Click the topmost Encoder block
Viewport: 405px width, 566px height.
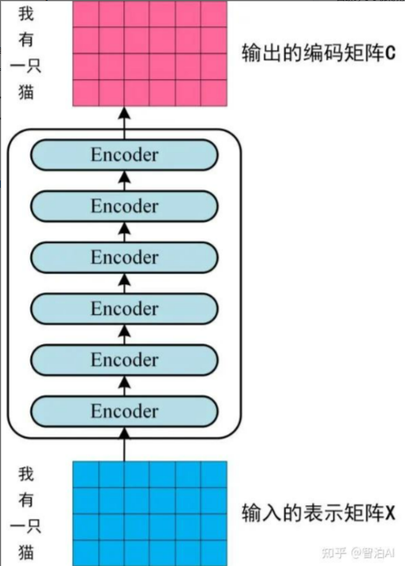(124, 155)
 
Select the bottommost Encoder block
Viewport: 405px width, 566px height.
(124, 411)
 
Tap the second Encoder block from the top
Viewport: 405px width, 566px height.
(124, 206)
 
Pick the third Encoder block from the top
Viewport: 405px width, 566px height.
(124, 257)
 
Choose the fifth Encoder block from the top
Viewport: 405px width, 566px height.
(124, 360)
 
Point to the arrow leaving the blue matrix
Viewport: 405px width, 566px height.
(124, 444)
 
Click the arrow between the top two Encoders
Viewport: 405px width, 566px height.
(124, 181)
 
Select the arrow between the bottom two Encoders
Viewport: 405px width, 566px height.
(124, 386)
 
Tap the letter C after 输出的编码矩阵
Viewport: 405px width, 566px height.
(390, 53)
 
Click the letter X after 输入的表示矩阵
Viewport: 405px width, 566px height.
(390, 513)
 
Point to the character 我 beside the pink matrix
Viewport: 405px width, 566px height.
(26, 14)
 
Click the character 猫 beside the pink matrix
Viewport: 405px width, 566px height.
(26, 92)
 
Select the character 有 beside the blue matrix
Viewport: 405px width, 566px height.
(26, 500)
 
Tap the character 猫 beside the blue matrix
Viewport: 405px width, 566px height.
(26, 552)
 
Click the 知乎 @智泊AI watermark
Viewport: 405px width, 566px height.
(358, 553)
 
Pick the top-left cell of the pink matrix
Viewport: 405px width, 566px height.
(86, 13)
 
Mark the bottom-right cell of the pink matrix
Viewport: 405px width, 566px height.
(214, 93)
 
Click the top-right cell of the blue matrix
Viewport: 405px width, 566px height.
(214, 475)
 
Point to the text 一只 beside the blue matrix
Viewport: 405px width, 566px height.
(26, 526)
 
